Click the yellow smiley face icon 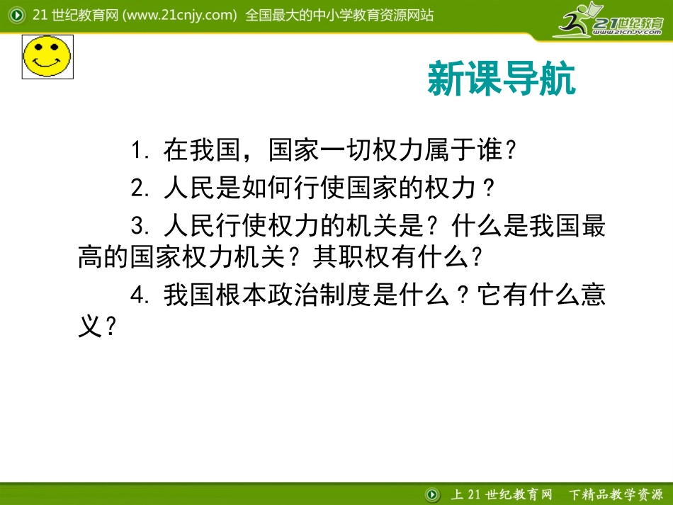[47, 56]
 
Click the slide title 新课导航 [502, 79]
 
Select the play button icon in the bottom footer [431, 494]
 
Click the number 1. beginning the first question [139, 151]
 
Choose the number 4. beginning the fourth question [139, 295]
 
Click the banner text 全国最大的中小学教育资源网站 [339, 15]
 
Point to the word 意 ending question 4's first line [594, 295]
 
